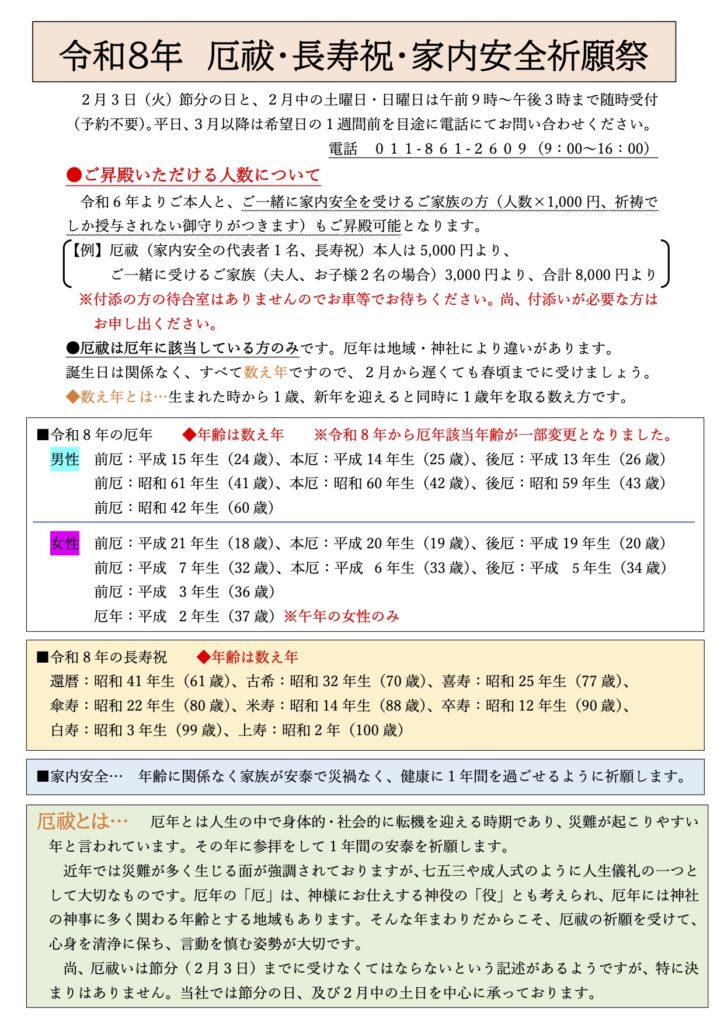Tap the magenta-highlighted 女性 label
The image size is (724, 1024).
coord(64,544)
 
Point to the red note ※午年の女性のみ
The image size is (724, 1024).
coord(342,616)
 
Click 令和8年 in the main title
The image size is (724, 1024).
coord(121,53)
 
